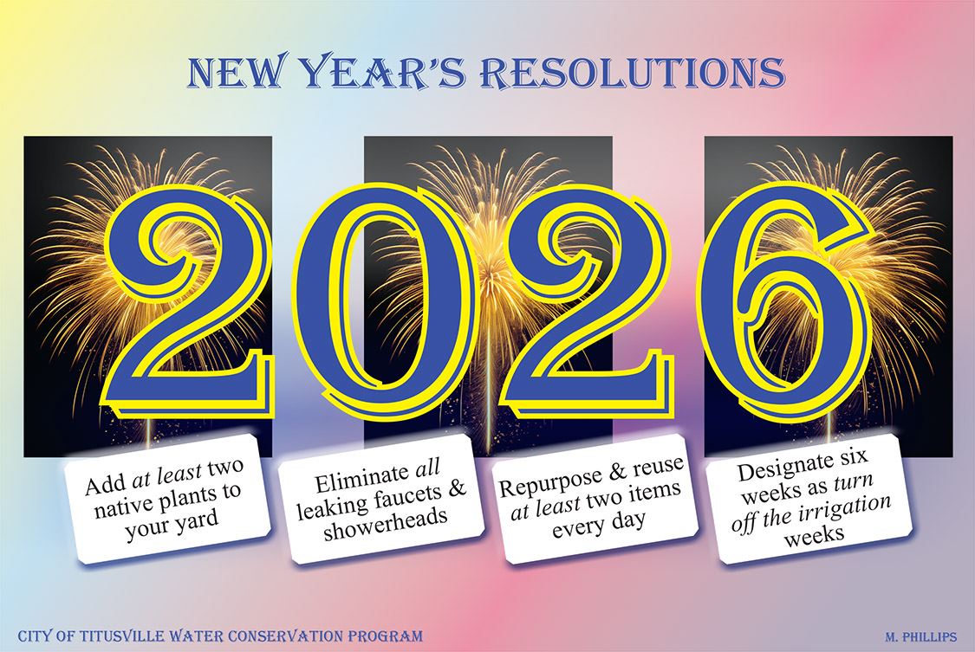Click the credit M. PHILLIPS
[920, 636]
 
